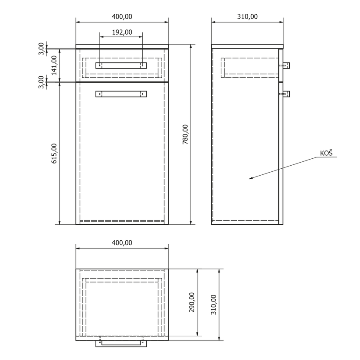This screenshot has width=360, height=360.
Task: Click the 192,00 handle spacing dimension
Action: click(122, 32)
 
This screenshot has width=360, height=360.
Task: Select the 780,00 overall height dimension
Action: click(185, 134)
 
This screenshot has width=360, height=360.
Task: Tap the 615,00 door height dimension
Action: click(54, 154)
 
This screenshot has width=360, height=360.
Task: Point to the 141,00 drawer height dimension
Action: click(54, 65)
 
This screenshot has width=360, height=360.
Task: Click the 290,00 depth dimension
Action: click(192, 302)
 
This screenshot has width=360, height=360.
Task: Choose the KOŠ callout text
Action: click(326, 153)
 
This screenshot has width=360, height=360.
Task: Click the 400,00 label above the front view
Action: click(122, 16)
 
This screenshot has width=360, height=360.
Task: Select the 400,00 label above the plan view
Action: click(122, 243)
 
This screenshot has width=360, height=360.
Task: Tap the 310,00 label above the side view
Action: click(247, 16)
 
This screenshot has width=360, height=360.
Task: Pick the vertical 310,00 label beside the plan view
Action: click(213, 304)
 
